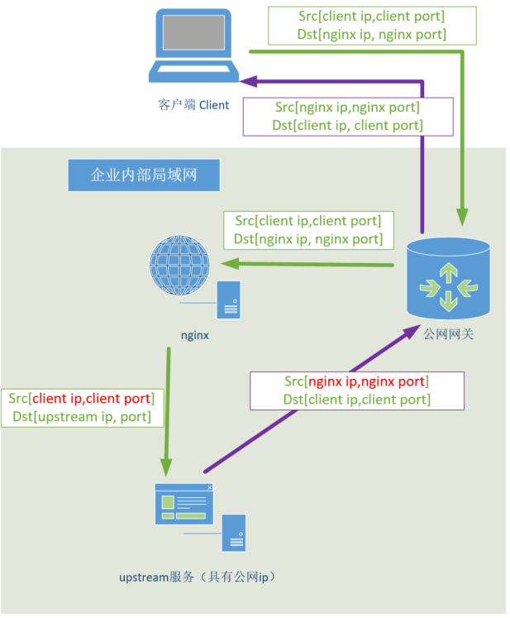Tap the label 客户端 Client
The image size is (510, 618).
[x=193, y=105]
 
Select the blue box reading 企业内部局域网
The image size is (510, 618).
[x=144, y=175]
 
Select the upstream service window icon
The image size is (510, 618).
[x=184, y=504]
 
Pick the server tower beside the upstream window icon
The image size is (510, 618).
[x=235, y=531]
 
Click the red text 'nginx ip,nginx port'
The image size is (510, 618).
[x=366, y=381]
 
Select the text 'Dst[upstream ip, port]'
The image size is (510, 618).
[x=82, y=416]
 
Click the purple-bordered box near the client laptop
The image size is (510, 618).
[x=348, y=117]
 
